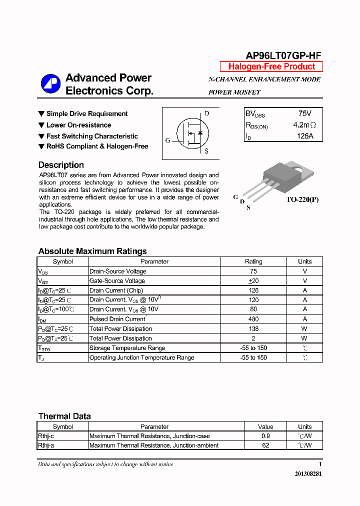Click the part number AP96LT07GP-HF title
click(x=283, y=56)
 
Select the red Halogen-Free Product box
click(x=271, y=67)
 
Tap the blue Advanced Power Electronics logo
click(x=50, y=83)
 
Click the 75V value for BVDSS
click(x=304, y=114)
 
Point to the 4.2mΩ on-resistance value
click(x=304, y=125)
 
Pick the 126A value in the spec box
click(x=304, y=136)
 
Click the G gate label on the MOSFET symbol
click(x=168, y=140)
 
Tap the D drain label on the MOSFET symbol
click(x=206, y=113)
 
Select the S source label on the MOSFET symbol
click(x=206, y=151)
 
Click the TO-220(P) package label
click(x=302, y=199)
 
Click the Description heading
click(x=61, y=165)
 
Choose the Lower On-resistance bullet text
click(x=78, y=125)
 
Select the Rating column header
click(x=253, y=261)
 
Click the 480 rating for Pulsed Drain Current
click(x=253, y=319)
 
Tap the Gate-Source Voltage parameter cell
click(x=117, y=281)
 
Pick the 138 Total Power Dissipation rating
click(x=253, y=328)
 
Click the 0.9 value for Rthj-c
click(x=265, y=436)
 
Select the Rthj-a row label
click(x=46, y=445)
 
